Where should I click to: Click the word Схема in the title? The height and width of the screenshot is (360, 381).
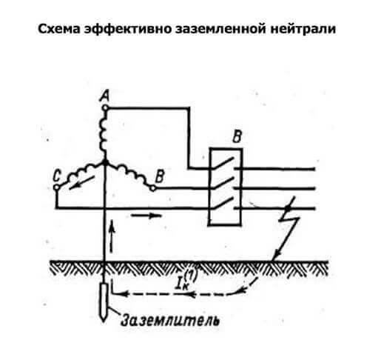(59, 29)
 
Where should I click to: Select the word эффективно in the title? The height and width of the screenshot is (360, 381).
(128, 30)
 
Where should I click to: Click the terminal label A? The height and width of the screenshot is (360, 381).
(104, 96)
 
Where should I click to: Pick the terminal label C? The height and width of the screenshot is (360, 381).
(57, 176)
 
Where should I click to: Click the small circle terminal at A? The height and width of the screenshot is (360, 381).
(105, 107)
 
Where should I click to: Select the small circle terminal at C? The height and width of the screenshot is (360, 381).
(57, 187)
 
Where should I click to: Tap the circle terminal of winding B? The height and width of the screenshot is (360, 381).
(153, 188)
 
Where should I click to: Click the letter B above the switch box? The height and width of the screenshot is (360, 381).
(237, 136)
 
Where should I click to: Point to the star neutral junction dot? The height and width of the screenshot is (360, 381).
(105, 162)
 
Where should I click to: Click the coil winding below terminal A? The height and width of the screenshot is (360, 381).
(103, 135)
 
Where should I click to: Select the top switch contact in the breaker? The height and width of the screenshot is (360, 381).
(223, 163)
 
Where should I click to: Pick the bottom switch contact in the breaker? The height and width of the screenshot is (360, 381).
(223, 202)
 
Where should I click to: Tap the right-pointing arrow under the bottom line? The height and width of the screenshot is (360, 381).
(146, 216)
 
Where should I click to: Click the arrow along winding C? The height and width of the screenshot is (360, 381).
(81, 183)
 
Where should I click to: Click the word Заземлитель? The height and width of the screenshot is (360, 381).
(170, 320)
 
